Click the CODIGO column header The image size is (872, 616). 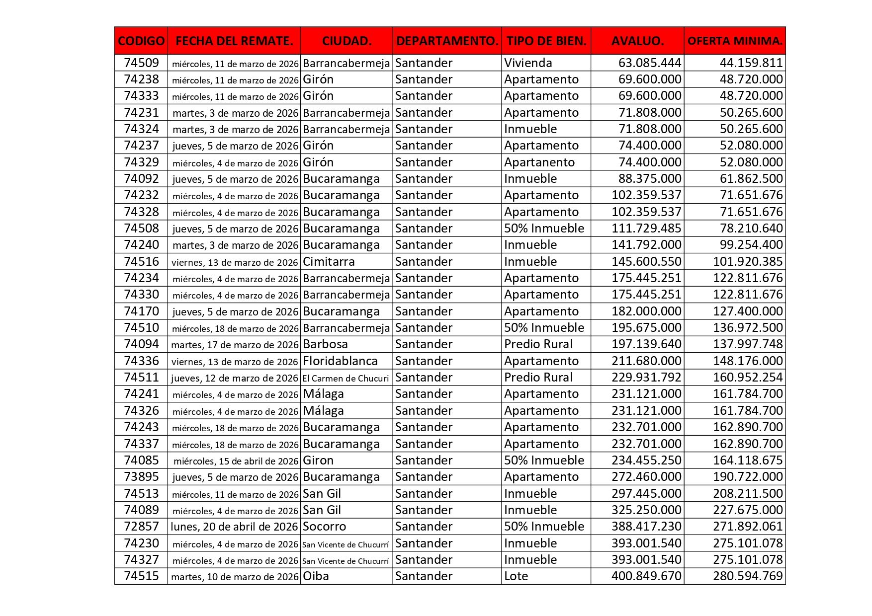[141, 41]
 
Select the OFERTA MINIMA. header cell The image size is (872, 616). [734, 41]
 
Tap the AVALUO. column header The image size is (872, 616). [637, 41]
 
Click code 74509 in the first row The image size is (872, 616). [142, 63]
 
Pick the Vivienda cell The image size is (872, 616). [528, 63]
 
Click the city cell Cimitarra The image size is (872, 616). [329, 262]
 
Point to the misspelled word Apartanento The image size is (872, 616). [539, 162]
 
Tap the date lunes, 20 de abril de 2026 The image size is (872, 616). [234, 527]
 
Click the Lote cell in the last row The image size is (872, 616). [516, 576]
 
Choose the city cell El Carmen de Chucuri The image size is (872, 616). [346, 378]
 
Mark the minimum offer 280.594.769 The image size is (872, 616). [748, 576]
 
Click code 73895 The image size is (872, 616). [142, 477]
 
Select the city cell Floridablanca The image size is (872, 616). [340, 361]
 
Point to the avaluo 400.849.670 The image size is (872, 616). [646, 576]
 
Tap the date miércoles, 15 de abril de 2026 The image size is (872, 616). [236, 461]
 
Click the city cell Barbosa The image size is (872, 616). [325, 344]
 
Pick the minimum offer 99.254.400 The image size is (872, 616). [751, 245]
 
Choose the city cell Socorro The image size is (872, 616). [324, 527]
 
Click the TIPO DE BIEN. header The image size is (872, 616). [546, 41]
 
